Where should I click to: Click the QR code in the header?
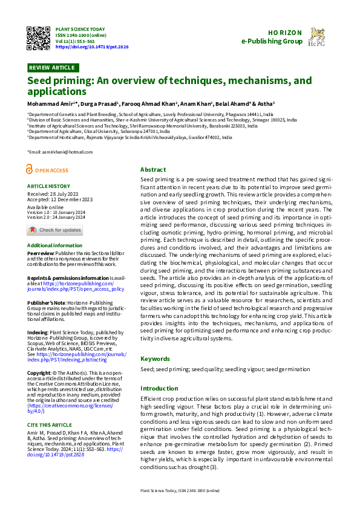[39, 39]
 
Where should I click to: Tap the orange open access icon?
[31, 170]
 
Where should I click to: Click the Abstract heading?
[153, 170]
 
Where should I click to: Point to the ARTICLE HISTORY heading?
[48, 186]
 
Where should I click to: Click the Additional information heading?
[54, 245]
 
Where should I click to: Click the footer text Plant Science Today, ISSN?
[180, 491]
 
